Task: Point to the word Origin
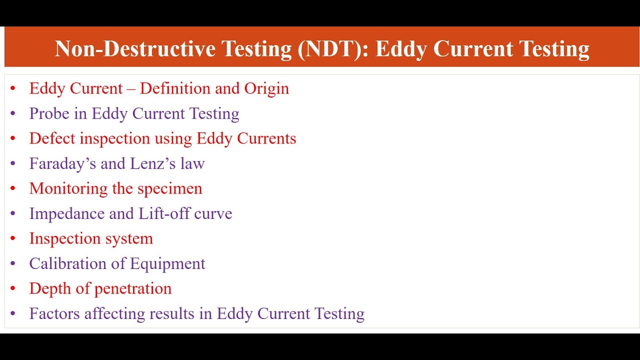pyautogui.click(x=266, y=88)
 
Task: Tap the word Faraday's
pyautogui.click(x=62, y=163)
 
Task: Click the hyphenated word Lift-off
pyautogui.click(x=162, y=213)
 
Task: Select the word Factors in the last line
pyautogui.click(x=54, y=313)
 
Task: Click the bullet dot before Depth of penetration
pyautogui.click(x=13, y=289)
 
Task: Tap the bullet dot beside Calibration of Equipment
pyautogui.click(x=13, y=264)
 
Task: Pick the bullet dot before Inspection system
pyautogui.click(x=13, y=239)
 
